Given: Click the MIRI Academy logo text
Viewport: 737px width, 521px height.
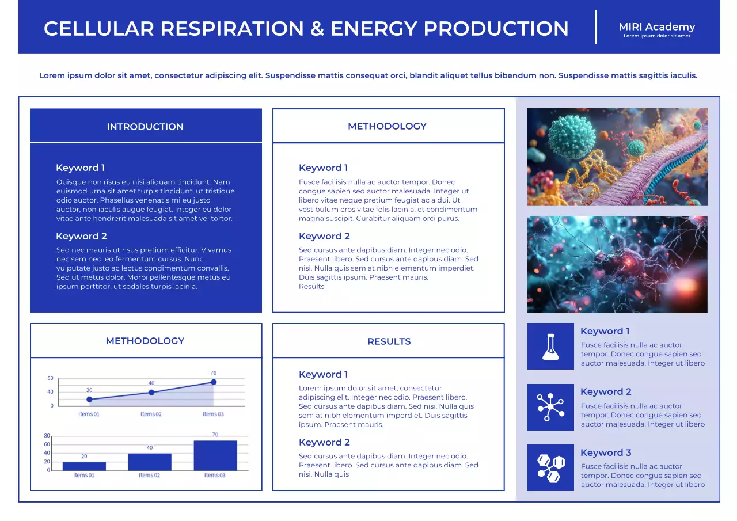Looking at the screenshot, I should point(656,27).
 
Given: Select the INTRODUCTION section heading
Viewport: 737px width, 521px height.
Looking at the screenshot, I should point(145,127).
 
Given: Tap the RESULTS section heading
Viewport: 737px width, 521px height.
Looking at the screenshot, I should point(389,341).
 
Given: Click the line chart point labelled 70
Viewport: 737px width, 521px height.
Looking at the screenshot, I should point(214,382).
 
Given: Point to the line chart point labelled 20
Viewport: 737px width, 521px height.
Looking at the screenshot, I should point(89,399).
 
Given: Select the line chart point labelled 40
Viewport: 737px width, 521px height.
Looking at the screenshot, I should point(151,392).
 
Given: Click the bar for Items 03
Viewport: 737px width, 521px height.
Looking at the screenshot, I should point(215,455).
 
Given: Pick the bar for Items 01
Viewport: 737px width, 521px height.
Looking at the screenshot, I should point(84,466).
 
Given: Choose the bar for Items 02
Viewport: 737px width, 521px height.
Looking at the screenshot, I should point(150,462).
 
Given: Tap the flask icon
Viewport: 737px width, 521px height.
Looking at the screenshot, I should point(550,346).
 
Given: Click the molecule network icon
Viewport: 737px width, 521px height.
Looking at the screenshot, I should point(550,407).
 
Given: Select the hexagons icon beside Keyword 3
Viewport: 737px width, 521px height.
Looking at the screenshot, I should point(550,467).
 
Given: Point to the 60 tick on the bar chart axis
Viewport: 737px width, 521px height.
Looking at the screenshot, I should point(47,444).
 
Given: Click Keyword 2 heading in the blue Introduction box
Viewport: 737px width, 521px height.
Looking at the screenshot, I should point(81,236).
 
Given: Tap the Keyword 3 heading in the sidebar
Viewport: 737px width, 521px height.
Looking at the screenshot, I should point(606,452).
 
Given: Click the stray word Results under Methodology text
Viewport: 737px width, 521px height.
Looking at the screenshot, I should point(311,287).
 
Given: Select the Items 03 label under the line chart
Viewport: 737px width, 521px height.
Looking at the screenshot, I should point(213,414).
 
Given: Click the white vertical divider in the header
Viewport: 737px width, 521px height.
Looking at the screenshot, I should point(595,27).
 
